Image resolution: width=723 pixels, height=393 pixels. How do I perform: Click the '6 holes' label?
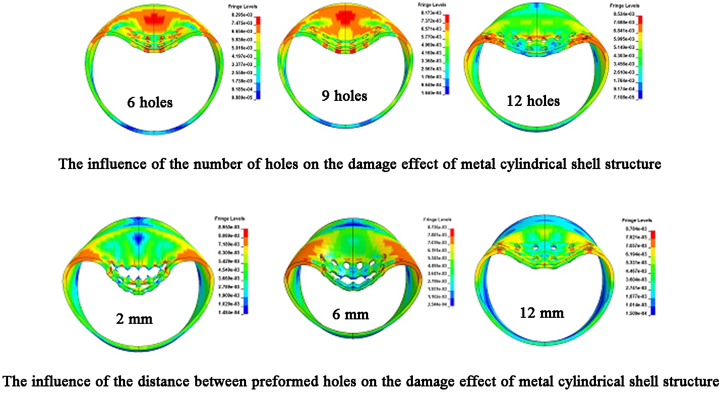150,102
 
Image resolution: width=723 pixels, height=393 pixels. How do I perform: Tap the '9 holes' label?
344,95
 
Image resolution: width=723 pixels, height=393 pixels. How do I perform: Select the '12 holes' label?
533,100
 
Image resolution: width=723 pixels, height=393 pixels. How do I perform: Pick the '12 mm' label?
541,312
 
